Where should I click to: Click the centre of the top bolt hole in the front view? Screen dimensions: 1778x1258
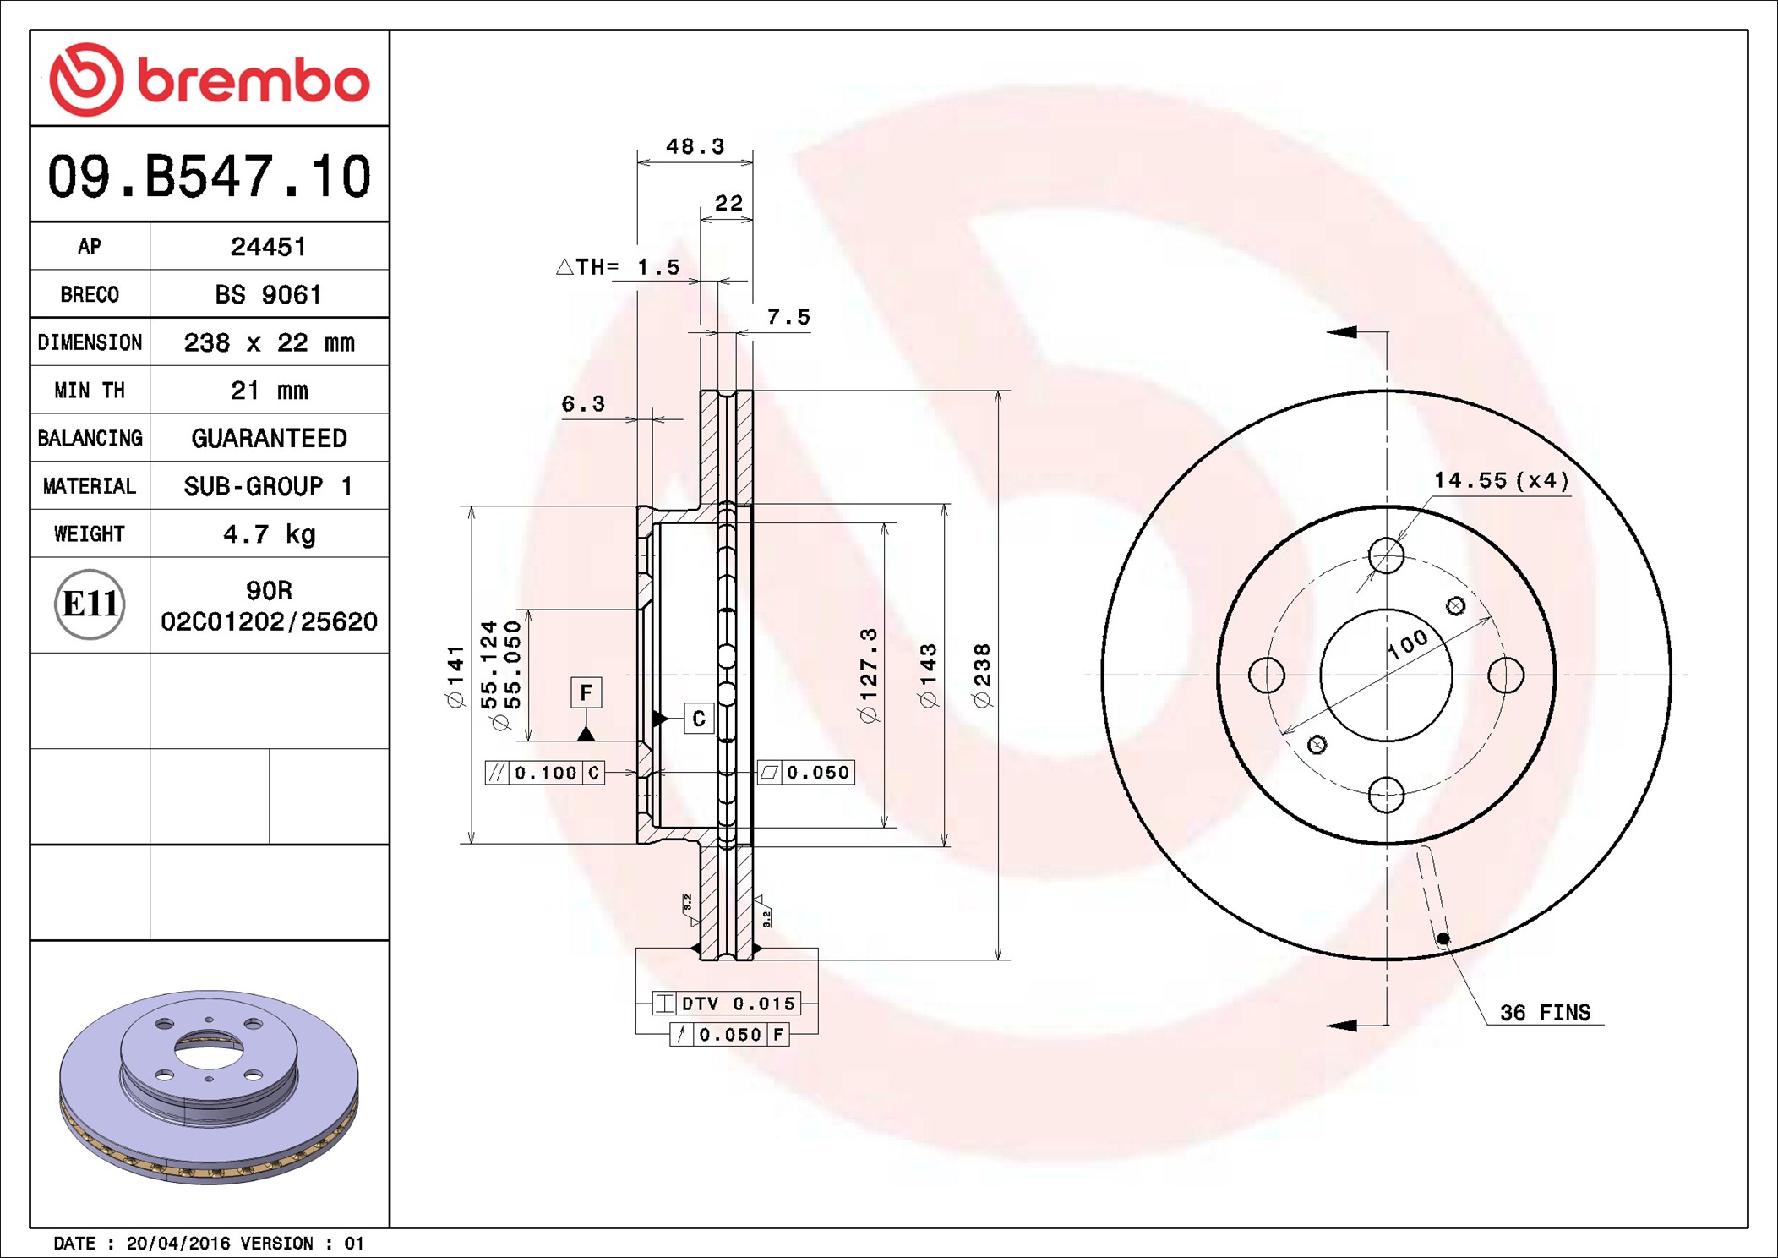click(1386, 555)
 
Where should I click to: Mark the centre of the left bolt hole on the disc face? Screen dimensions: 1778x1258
click(1267, 675)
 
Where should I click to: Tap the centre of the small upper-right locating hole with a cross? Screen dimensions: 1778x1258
click(1455, 605)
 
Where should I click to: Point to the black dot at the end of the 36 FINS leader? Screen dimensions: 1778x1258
click(1443, 938)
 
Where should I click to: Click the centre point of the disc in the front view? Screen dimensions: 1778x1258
click(1386, 675)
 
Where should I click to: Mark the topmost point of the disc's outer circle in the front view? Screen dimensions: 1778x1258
click(1386, 391)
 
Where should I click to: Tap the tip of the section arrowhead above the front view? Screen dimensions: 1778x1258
click(1328, 332)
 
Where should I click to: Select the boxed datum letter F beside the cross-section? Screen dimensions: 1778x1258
click(586, 693)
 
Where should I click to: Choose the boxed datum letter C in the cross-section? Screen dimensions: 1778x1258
click(699, 719)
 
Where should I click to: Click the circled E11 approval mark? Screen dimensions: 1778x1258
click(90, 604)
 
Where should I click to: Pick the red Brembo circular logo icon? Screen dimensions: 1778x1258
click(86, 79)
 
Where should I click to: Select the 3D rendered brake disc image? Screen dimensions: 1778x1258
click(209, 1086)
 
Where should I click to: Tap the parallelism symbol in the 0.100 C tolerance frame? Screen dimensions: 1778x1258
click(497, 773)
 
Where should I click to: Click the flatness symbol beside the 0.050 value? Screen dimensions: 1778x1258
click(769, 773)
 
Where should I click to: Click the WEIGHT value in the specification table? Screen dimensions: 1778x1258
click(269, 534)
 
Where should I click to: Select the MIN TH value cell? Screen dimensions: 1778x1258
click(269, 390)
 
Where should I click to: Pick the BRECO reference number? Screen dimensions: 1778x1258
click(269, 294)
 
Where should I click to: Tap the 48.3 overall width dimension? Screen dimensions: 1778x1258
click(695, 146)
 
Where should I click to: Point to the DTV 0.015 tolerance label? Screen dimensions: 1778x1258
click(739, 1004)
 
